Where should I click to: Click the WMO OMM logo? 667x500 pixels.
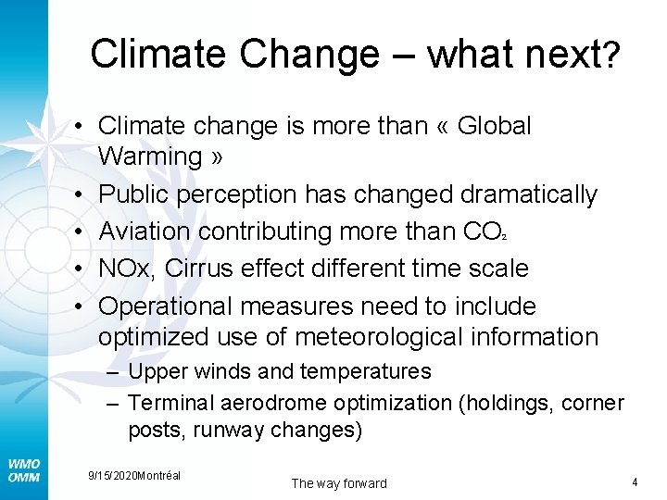pos(23,470)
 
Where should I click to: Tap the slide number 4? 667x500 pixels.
pos(635,481)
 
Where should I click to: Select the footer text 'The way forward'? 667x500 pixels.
pos(339,483)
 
